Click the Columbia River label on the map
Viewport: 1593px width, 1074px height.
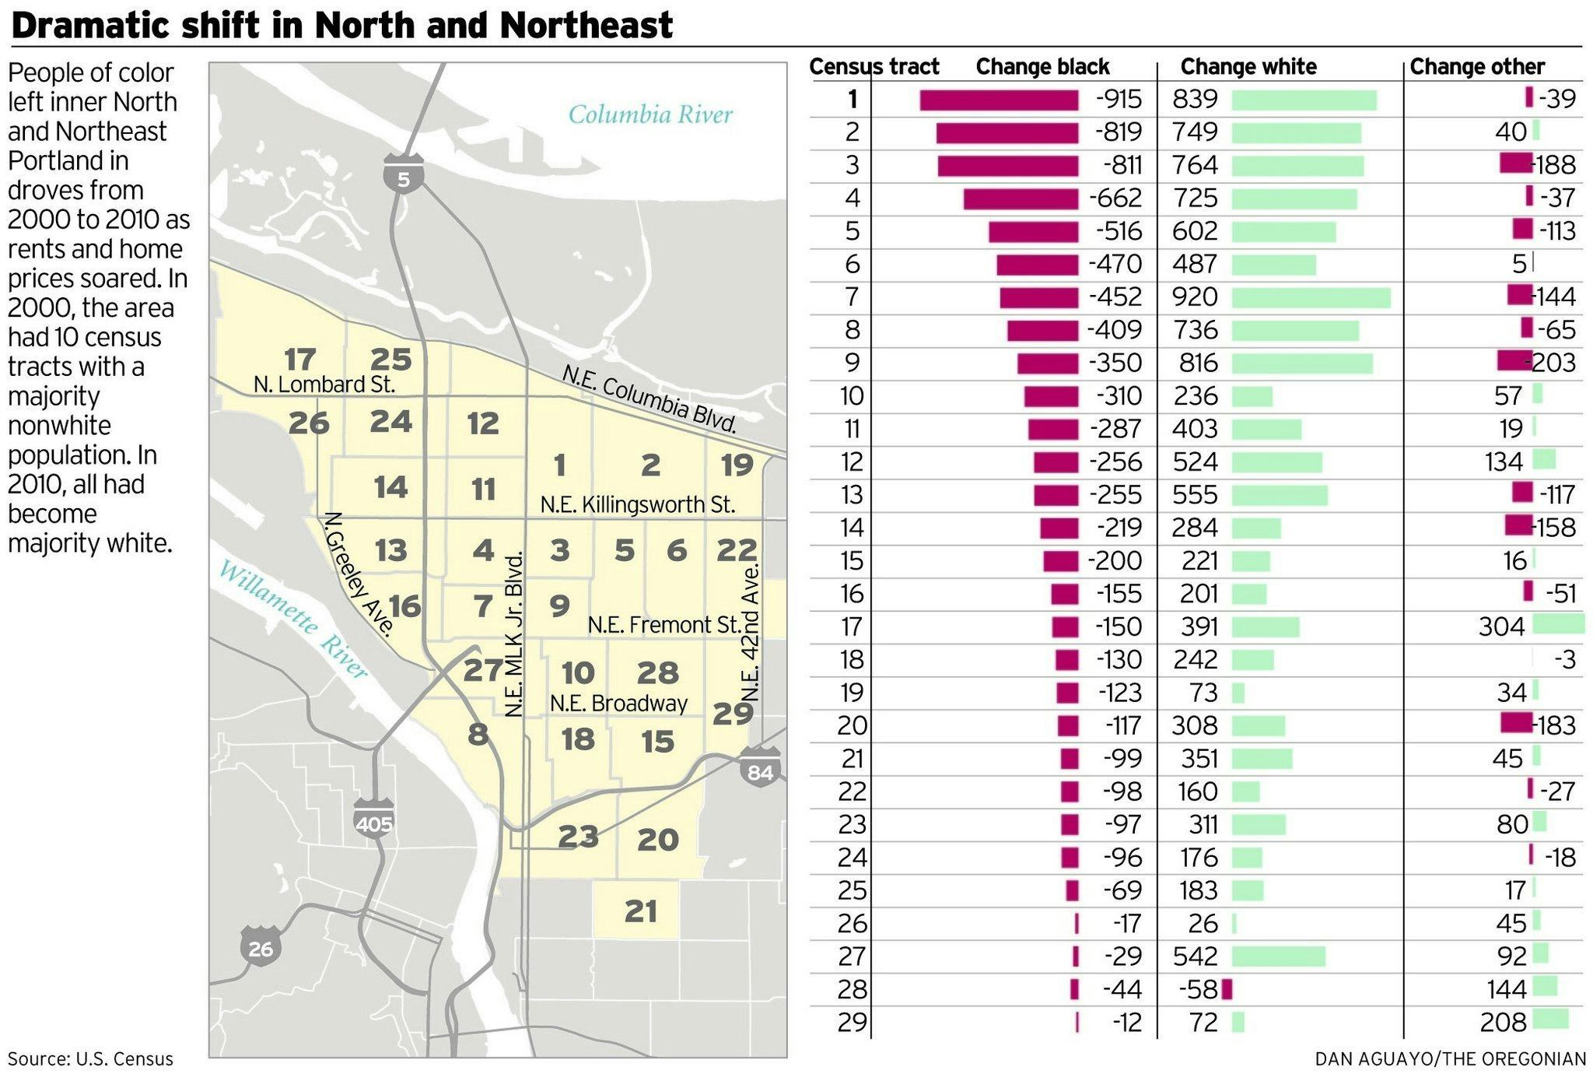tap(650, 115)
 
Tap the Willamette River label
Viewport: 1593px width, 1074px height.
tap(292, 619)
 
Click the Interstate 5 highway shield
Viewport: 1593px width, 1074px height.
tap(403, 174)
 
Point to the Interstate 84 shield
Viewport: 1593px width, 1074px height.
tap(760, 767)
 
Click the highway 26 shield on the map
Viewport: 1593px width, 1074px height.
tap(261, 945)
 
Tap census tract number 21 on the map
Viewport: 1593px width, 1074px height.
tap(640, 911)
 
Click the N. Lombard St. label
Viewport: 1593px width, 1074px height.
tap(324, 384)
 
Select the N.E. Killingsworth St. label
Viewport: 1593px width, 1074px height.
tap(637, 505)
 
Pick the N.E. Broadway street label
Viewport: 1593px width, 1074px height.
tap(618, 704)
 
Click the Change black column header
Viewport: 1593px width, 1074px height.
tap(1042, 67)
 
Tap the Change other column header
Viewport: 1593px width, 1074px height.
tap(1476, 67)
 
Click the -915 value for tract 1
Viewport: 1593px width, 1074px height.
tap(1119, 100)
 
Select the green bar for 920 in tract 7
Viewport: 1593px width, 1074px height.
tap(1311, 297)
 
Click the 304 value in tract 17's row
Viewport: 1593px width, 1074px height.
tap(1501, 626)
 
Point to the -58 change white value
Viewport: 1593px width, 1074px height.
tap(1197, 989)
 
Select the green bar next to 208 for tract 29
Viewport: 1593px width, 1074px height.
tap(1550, 1019)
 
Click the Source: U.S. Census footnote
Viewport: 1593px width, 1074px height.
tap(90, 1059)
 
